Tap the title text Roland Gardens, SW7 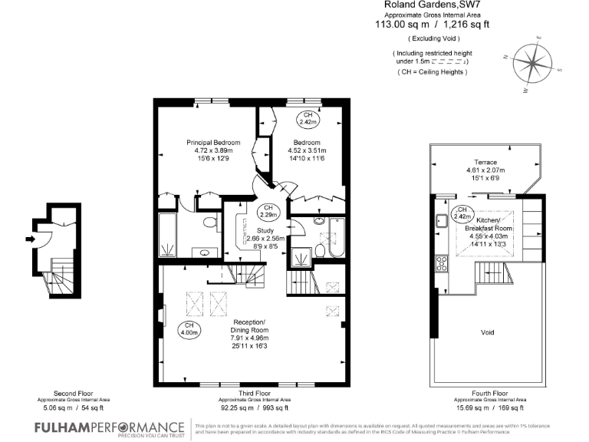click(x=420, y=5)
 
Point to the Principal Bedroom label click(x=214, y=142)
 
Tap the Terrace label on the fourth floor click(x=485, y=162)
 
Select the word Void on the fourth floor click(x=487, y=332)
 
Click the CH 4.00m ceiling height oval click(x=189, y=331)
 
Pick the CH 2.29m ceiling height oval click(x=268, y=211)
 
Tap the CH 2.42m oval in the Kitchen click(x=462, y=213)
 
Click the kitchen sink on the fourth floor click(x=443, y=223)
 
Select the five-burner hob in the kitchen click(x=443, y=264)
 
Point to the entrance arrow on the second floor click(x=31, y=239)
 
